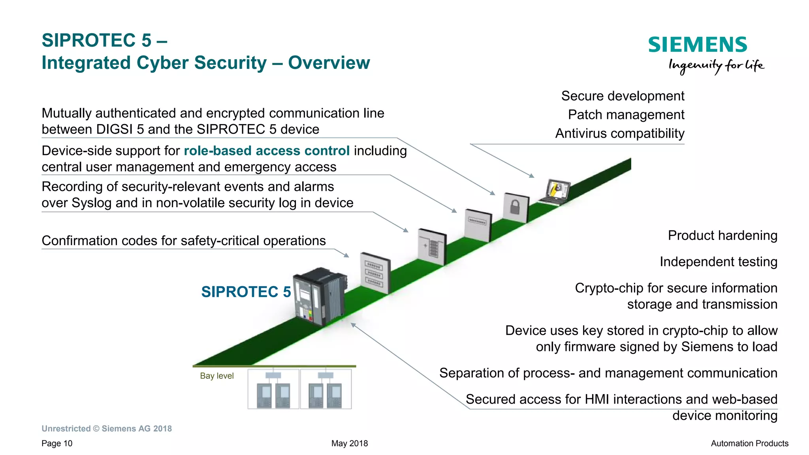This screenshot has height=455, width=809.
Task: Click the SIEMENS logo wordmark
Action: pyautogui.click(x=697, y=45)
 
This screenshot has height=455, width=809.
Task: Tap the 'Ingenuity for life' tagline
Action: pyautogui.click(x=716, y=65)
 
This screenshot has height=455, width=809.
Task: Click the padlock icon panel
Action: pyautogui.click(x=516, y=208)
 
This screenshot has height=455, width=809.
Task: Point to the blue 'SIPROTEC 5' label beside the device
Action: pyautogui.click(x=246, y=292)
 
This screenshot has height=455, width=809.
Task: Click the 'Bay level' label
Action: pyautogui.click(x=216, y=376)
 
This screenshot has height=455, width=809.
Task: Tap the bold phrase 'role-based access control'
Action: pyautogui.click(x=267, y=151)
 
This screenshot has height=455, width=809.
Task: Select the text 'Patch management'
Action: pyautogui.click(x=626, y=115)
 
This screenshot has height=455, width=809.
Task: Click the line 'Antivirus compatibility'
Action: pyautogui.click(x=619, y=134)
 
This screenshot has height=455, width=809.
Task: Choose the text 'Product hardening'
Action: pyautogui.click(x=722, y=236)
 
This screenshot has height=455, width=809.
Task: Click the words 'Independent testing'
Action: pyautogui.click(x=718, y=262)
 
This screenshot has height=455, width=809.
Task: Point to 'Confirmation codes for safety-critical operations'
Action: pyautogui.click(x=184, y=241)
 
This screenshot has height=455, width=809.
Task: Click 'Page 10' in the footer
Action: pyautogui.click(x=57, y=444)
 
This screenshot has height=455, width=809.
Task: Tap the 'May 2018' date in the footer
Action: pyautogui.click(x=349, y=444)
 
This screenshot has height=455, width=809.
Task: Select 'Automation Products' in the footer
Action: pyautogui.click(x=749, y=444)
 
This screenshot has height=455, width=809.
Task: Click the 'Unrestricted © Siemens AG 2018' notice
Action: pyautogui.click(x=107, y=429)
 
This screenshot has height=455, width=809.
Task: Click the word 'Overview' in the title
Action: pyautogui.click(x=329, y=63)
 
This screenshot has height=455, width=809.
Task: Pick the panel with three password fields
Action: pyautogui.click(x=374, y=273)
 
